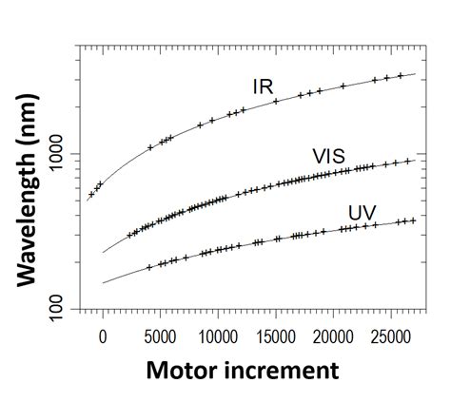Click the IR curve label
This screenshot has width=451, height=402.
[x=264, y=86]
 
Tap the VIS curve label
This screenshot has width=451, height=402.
[x=330, y=156]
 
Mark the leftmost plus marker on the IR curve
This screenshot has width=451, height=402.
[x=91, y=194]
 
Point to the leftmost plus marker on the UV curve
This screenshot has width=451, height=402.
[x=149, y=267]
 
